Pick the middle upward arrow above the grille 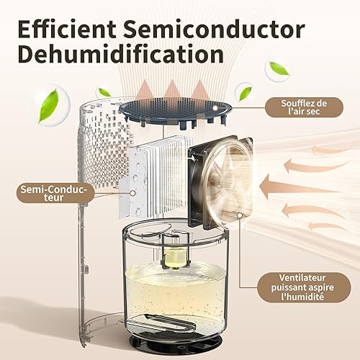(x=172, y=90)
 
